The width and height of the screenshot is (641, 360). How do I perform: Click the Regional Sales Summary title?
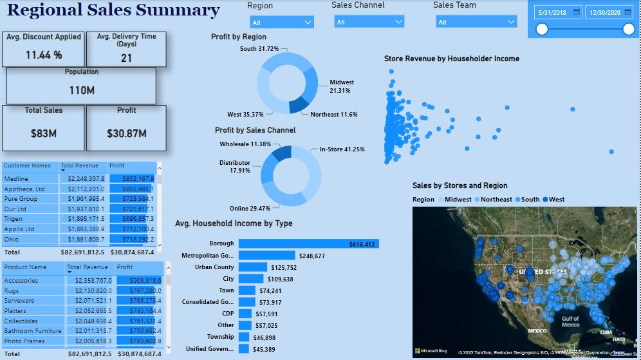pyautogui.click(x=113, y=11)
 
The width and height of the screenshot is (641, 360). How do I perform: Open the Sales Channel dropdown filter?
pyautogui.click(x=369, y=22)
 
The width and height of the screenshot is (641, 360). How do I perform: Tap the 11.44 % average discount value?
pyautogui.click(x=44, y=55)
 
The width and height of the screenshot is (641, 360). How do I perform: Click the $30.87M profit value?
pyautogui.click(x=127, y=133)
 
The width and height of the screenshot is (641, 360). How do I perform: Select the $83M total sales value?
pyautogui.click(x=44, y=133)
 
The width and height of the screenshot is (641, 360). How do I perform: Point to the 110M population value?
pyautogui.click(x=82, y=91)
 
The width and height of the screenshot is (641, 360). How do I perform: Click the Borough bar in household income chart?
pyautogui.click(x=308, y=243)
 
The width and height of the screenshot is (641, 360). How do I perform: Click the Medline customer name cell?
pyautogui.click(x=16, y=179)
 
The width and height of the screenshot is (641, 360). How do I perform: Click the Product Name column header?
pyautogui.click(x=25, y=267)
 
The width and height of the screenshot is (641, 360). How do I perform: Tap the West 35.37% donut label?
pyautogui.click(x=245, y=115)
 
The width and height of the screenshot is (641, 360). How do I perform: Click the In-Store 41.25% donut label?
pyautogui.click(x=342, y=149)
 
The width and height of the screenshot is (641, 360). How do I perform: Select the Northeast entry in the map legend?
pyautogui.click(x=496, y=200)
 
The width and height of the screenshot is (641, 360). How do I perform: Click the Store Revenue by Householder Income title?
pyautogui.click(x=451, y=59)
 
